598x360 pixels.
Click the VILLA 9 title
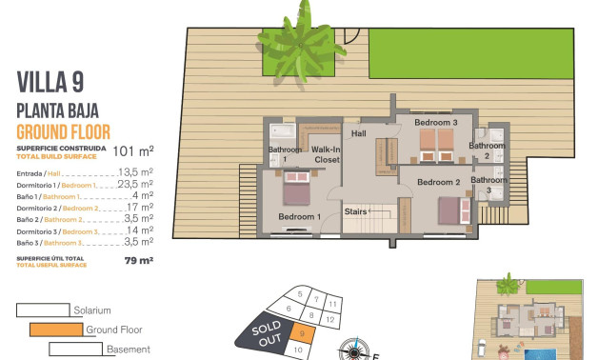pyautogui.click(x=50, y=82)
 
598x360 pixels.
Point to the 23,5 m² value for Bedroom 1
pyautogui.click(x=136, y=185)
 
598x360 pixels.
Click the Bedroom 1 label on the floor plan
pyautogui.click(x=297, y=217)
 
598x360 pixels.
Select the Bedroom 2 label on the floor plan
pyautogui.click(x=439, y=182)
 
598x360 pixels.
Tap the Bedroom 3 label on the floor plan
pyautogui.click(x=434, y=123)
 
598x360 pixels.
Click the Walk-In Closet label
pyautogui.click(x=327, y=154)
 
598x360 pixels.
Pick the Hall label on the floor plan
pyautogui.click(x=358, y=134)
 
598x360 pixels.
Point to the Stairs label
pyautogui.click(x=355, y=211)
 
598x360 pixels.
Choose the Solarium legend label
pyautogui.click(x=91, y=310)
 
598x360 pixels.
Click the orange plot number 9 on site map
pyautogui.click(x=300, y=333)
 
